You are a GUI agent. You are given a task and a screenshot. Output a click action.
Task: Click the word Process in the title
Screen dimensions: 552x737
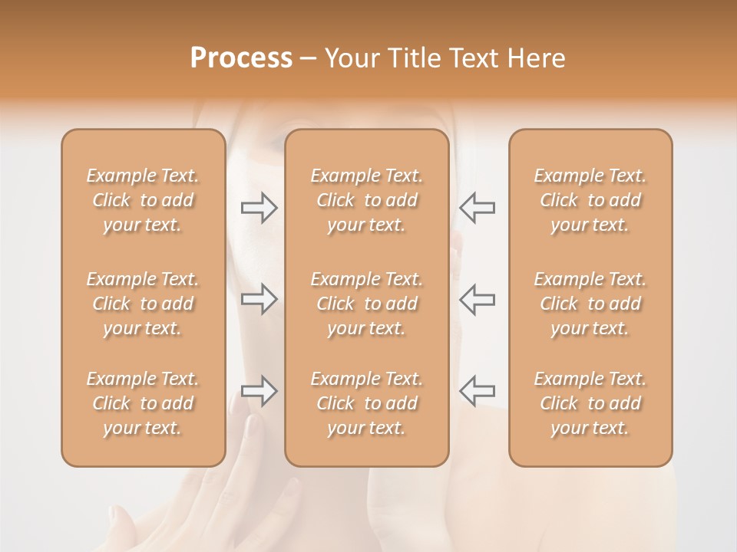pyautogui.click(x=241, y=58)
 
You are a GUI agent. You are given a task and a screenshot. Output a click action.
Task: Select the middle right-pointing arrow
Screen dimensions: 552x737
pyautogui.click(x=259, y=299)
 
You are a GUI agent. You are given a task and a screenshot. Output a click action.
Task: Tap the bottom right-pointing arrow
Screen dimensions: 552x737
pyautogui.click(x=259, y=391)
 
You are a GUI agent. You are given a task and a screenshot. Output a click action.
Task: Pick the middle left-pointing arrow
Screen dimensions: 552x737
pyautogui.click(x=477, y=299)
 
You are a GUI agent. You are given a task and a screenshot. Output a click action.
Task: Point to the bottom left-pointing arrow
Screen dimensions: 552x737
pyautogui.click(x=477, y=391)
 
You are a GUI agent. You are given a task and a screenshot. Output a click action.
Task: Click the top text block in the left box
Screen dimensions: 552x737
pyautogui.click(x=143, y=200)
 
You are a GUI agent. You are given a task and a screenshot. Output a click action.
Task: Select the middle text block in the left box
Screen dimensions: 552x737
pyautogui.click(x=143, y=304)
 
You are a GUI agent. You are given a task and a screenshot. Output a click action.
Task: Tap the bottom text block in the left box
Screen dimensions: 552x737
pyautogui.click(x=143, y=403)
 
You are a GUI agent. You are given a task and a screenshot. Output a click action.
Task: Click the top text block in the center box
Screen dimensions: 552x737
pyautogui.click(x=367, y=200)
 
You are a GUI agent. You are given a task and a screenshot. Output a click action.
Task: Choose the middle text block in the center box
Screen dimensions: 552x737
pyautogui.click(x=367, y=304)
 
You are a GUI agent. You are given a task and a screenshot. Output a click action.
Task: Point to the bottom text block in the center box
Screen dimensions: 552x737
pyautogui.click(x=367, y=403)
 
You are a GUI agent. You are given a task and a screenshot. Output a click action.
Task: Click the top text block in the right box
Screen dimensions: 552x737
pyautogui.click(x=590, y=200)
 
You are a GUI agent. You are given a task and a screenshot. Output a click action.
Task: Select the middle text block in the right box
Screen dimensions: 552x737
pyautogui.click(x=590, y=304)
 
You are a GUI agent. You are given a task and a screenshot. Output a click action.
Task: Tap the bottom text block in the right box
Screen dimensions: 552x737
pyautogui.click(x=590, y=403)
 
